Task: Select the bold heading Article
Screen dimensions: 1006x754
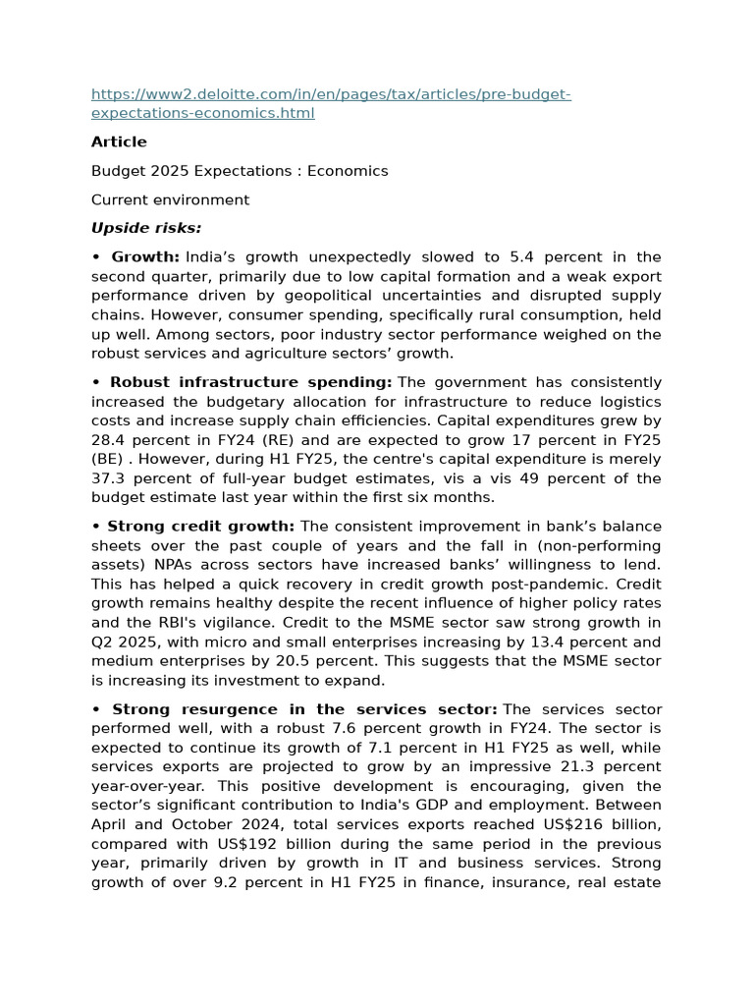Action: [119, 141]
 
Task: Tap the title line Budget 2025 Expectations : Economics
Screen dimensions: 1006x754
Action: [240, 171]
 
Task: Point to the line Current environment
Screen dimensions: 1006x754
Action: [170, 200]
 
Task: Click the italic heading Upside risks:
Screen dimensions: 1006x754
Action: [146, 228]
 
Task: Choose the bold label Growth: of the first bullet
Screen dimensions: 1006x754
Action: [145, 257]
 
